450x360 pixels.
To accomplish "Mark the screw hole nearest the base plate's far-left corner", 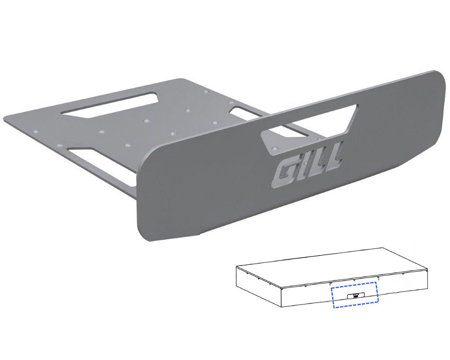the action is coord(36,132).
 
